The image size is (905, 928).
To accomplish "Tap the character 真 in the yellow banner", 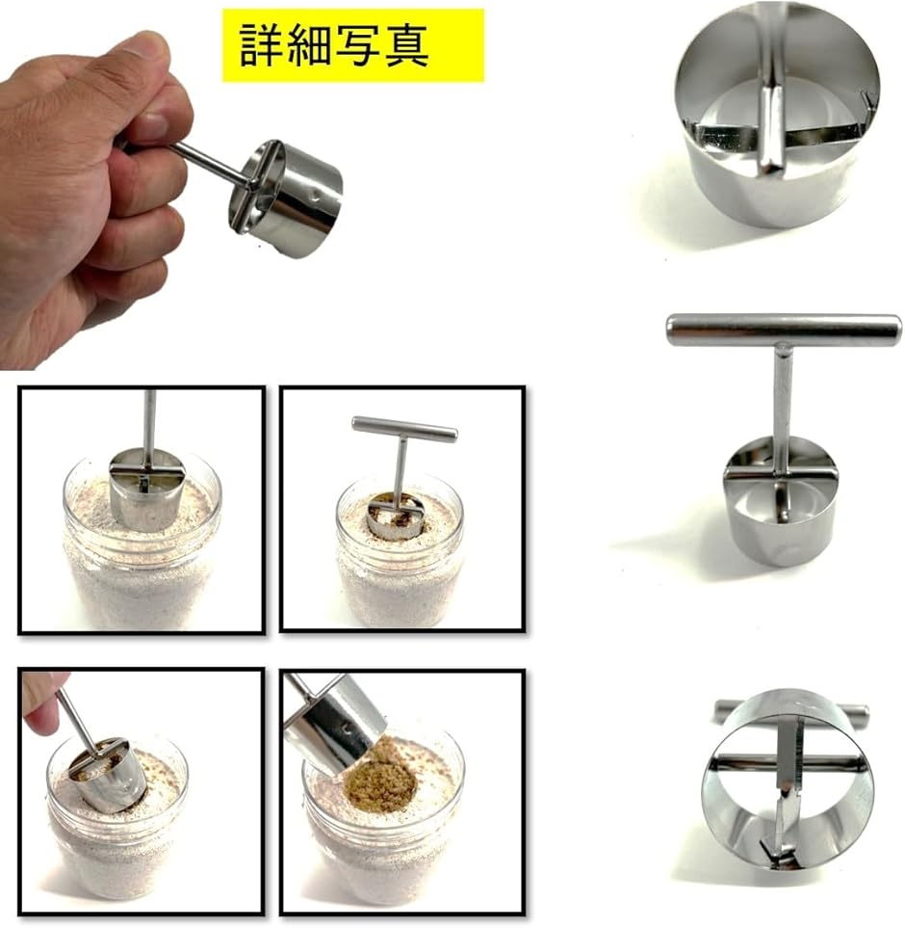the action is point(406,45).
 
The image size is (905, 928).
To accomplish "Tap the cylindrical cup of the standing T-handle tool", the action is point(780,503).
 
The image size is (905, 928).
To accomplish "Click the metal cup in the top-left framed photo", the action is point(146,489).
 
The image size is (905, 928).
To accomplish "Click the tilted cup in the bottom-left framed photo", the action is point(108,776).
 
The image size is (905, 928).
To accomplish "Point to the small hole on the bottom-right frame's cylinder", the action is point(348,729).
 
